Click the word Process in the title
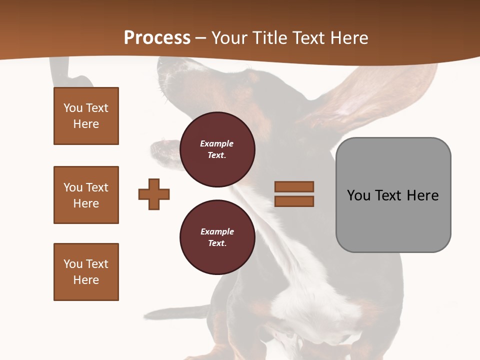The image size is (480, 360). point(157,38)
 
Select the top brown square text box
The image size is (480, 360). point(86,116)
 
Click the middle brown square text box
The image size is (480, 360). point(86,195)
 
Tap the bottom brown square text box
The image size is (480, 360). point(86,272)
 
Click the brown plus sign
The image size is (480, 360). point(154,194)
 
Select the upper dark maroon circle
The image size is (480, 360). point(217,149)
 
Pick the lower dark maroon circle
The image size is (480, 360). point(217,237)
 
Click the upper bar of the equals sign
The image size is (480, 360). point(294,187)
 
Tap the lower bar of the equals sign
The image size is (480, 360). point(294,201)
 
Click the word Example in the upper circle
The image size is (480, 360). point(217,144)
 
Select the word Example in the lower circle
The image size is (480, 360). point(217,232)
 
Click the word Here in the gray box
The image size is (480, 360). point(423,195)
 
